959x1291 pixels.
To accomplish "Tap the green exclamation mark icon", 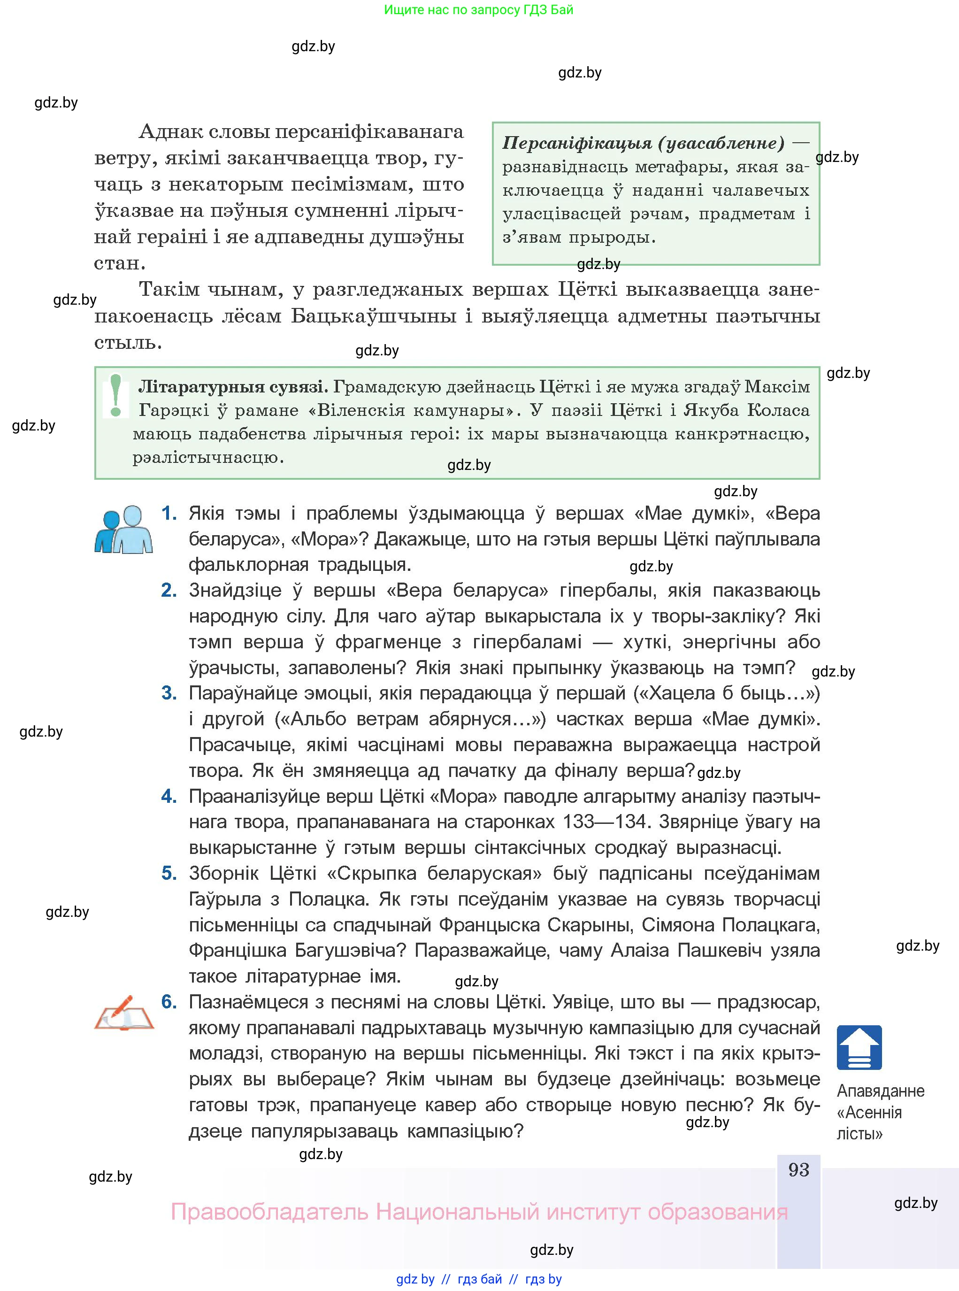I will pos(115,395).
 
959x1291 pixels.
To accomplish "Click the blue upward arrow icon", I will pos(859,1048).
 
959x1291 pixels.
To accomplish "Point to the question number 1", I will pos(169,513).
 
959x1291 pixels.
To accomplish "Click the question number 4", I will pos(169,796).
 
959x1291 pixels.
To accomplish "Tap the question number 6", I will pos(169,1002).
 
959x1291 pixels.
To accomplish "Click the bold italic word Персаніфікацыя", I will pos(577,143).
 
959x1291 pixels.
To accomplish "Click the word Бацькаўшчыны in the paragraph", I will pos(373,316).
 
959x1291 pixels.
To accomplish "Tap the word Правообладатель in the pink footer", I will pos(269,1212).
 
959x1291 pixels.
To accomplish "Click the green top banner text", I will pos(478,10).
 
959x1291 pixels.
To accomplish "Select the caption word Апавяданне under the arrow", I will pos(880,1091).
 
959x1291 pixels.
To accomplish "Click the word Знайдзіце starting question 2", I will pos(240,591).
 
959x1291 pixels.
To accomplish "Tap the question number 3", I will pos(169,693).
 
